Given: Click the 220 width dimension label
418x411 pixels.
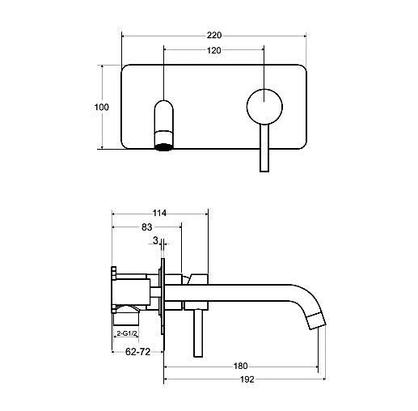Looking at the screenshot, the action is (x=214, y=36).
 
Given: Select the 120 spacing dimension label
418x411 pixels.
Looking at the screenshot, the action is (x=214, y=50).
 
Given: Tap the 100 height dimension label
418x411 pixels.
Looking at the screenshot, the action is (x=102, y=107).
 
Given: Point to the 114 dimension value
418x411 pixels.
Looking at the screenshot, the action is (x=159, y=214).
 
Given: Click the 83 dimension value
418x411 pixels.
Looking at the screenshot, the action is (x=147, y=227).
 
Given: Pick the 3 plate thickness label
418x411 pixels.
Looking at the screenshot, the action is (x=155, y=240).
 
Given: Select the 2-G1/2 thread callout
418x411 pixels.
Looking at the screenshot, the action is (x=126, y=333).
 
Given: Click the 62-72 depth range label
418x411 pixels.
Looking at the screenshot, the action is (x=137, y=352).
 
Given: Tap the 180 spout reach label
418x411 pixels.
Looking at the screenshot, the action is (x=240, y=366).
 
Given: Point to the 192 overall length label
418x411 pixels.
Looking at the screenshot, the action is (x=247, y=379).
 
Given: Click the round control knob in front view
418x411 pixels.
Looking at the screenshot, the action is (x=264, y=107).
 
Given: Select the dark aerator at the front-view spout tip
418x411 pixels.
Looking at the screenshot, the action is (x=163, y=147).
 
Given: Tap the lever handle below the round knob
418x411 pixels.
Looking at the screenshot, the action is (x=264, y=148).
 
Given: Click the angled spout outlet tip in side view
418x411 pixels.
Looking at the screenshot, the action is (x=317, y=322).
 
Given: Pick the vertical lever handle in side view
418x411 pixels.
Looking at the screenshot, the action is (x=198, y=333).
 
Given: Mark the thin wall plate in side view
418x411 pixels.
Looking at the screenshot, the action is (x=163, y=296).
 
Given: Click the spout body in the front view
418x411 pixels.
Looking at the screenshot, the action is (x=164, y=124).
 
